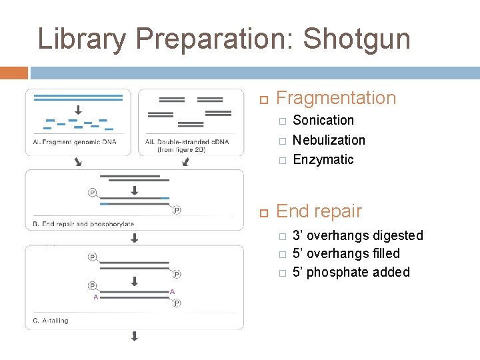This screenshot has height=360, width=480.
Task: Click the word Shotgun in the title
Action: [356, 39]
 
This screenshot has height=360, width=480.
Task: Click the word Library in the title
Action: [81, 39]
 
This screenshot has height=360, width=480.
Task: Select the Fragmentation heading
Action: [335, 98]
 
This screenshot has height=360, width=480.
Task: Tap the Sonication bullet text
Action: [323, 120]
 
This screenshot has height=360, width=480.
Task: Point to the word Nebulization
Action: [329, 140]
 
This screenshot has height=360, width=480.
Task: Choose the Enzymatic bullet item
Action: [323, 159]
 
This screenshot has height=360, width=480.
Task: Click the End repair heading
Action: [319, 211]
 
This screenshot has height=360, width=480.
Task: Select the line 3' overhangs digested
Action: [357, 235]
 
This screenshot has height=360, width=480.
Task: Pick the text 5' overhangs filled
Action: [346, 253]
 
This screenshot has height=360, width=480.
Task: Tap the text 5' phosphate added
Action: [351, 272]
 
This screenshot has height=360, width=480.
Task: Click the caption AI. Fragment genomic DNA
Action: [74, 141]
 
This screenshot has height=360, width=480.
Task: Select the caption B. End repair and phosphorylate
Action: [83, 224]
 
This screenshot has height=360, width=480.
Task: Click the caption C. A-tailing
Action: [51, 321]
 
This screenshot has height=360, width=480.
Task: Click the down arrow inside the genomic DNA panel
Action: [78, 110]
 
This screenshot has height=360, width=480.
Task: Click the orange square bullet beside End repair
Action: [263, 213]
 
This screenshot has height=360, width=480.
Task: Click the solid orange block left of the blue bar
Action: [14, 72]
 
